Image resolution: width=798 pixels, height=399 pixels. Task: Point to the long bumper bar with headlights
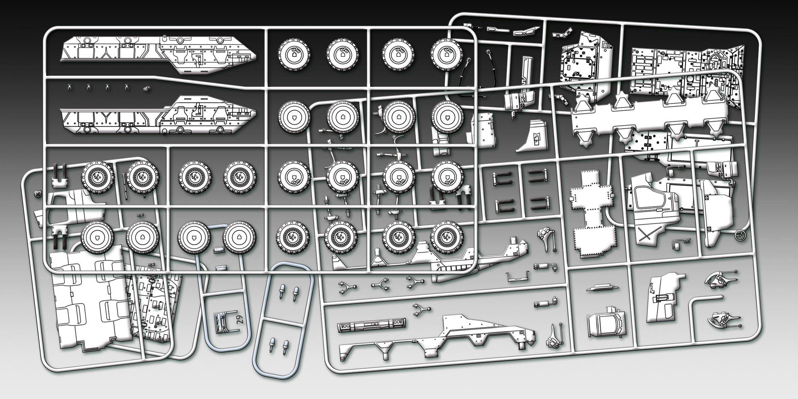(x=372, y=326)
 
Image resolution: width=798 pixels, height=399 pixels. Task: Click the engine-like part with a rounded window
(x=605, y=323)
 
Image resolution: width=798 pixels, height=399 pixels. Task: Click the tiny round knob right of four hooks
(x=147, y=89)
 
